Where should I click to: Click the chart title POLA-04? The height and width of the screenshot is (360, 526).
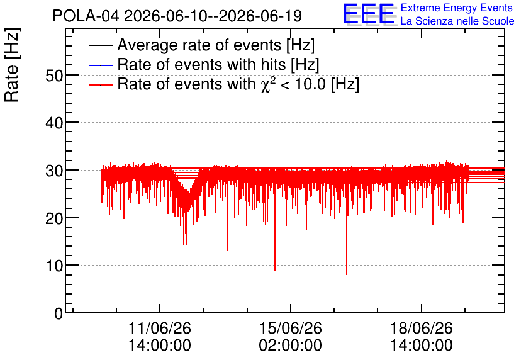click(86, 16)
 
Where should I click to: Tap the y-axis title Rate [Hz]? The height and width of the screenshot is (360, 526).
click(12, 65)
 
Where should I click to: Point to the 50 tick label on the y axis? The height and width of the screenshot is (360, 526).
click(54, 76)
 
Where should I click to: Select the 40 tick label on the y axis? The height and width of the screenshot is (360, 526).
click(54, 123)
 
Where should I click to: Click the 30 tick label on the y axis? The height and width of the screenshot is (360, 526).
click(54, 171)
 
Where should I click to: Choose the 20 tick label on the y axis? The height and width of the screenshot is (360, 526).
click(54, 218)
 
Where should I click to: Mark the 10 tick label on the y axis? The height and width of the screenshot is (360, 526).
click(54, 266)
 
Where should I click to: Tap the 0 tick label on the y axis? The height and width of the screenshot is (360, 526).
click(59, 313)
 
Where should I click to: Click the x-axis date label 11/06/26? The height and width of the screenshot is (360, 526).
click(160, 328)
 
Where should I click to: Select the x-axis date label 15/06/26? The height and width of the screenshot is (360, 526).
click(291, 328)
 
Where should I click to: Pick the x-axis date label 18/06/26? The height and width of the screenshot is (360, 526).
click(422, 328)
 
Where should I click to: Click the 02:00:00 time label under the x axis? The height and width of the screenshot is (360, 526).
click(291, 346)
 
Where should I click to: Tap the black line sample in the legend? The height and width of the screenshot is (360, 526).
click(100, 45)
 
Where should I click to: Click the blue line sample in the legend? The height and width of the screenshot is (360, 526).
click(100, 65)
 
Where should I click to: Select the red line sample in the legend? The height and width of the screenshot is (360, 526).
click(100, 84)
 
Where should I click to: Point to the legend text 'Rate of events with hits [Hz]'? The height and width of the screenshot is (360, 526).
click(218, 64)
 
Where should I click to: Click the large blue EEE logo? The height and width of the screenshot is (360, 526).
click(369, 14)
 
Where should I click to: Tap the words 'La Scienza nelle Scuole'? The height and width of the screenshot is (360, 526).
click(457, 21)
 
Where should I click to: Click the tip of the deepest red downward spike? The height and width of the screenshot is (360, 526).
click(347, 275)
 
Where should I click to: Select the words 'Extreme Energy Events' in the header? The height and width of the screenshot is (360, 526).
click(457, 8)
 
